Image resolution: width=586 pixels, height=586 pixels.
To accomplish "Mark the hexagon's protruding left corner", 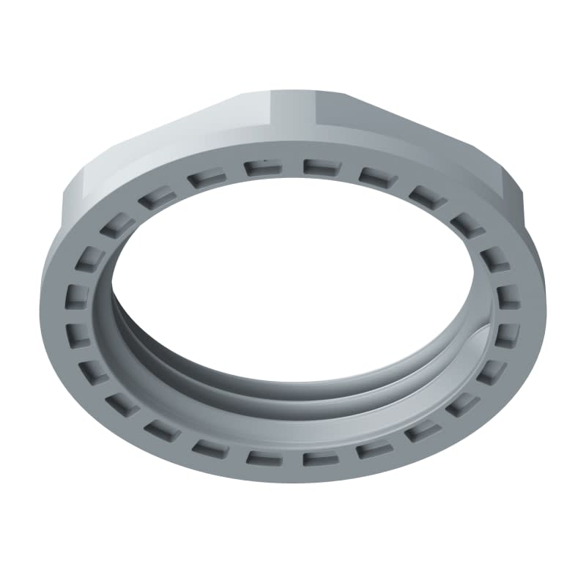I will tap(67, 192).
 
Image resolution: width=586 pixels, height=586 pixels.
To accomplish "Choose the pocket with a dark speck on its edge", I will tap(262, 168).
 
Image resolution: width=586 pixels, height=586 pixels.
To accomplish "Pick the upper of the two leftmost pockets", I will tap(78, 296).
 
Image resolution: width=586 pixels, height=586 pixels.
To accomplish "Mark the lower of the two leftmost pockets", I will tap(79, 334).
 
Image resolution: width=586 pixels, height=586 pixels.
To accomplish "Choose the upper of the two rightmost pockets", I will tap(508, 296).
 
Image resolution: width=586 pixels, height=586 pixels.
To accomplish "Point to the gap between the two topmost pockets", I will tap(291, 167).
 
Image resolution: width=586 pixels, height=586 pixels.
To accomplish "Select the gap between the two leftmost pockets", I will tap(78, 315).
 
